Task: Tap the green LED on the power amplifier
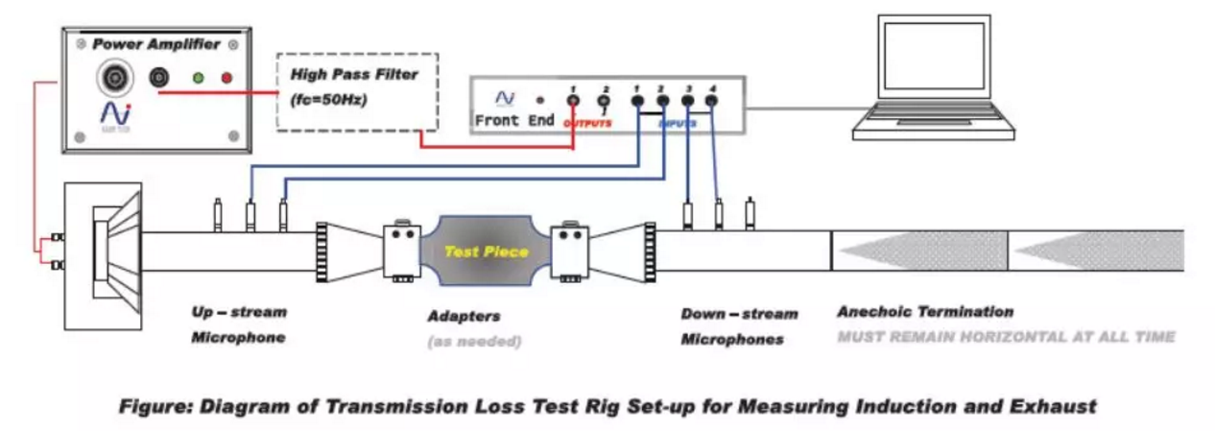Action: (x=198, y=76)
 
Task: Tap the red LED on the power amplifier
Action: (x=226, y=76)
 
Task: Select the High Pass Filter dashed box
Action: (x=356, y=92)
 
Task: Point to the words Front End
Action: (x=514, y=121)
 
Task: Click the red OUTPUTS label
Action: (x=586, y=124)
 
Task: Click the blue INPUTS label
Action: (x=676, y=124)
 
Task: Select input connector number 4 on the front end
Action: (x=711, y=100)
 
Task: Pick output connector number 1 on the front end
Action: (x=573, y=100)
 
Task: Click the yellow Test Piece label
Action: (x=486, y=251)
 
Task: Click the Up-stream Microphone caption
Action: (x=239, y=325)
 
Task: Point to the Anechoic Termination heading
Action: (x=924, y=312)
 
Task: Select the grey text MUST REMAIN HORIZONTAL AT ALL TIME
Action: (x=1005, y=337)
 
